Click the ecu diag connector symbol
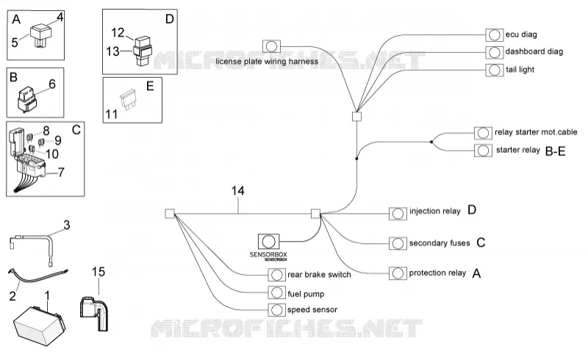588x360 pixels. (494, 35)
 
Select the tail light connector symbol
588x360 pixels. (494, 70)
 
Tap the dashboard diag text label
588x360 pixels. (534, 51)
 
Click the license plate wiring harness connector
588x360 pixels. (271, 46)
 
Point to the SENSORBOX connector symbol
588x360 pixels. (268, 242)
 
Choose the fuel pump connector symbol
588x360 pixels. (277, 292)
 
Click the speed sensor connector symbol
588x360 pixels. (277, 310)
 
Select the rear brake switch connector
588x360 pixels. (277, 275)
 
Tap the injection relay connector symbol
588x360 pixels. (398, 213)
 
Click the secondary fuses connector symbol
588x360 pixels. (398, 243)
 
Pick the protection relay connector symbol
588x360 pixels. (398, 273)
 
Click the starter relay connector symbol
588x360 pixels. (483, 151)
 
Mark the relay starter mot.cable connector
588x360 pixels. (483, 133)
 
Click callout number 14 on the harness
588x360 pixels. (237, 191)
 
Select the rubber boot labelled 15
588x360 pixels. (94, 313)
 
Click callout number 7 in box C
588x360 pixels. (61, 172)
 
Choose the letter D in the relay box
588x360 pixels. (170, 19)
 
